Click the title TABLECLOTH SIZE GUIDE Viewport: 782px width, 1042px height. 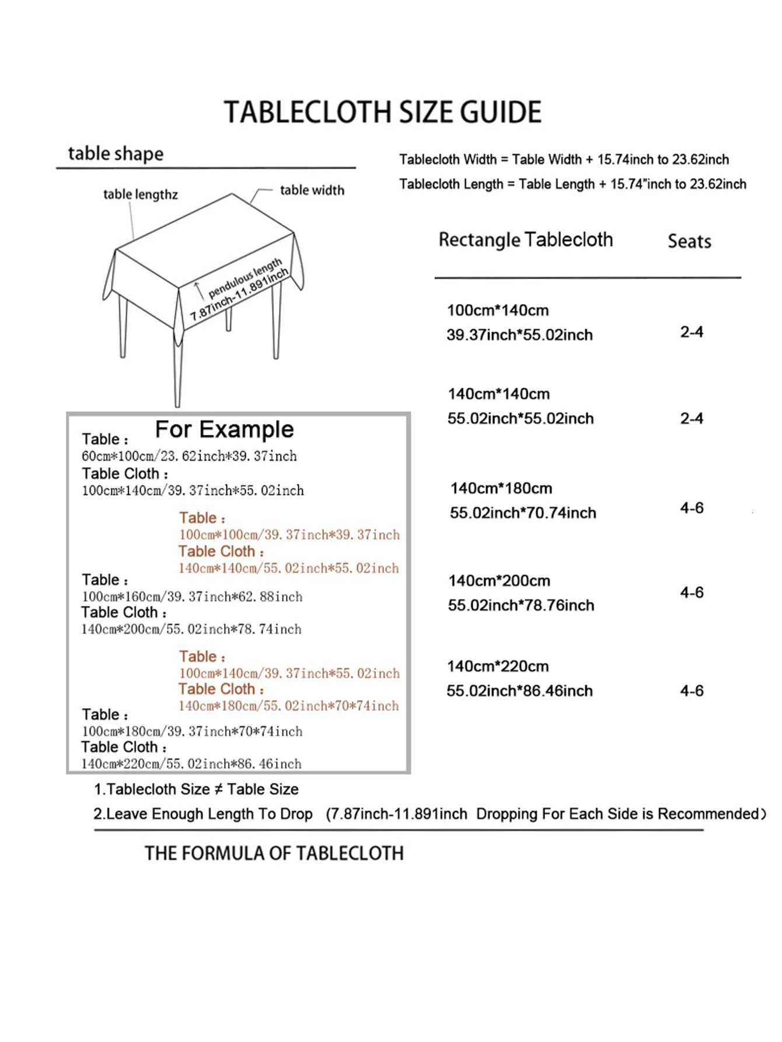383,112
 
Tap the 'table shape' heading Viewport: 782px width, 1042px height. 116,154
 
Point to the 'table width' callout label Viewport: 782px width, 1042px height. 312,190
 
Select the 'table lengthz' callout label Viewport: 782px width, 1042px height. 140,194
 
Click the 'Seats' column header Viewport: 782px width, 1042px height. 689,241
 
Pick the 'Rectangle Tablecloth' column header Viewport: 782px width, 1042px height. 525,240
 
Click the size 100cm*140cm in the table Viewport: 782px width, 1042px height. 498,310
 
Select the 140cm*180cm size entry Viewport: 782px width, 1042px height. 501,488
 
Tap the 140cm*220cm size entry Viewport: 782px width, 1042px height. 498,666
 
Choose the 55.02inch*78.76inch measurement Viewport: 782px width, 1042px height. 521,605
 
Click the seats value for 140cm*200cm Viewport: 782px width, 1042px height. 692,593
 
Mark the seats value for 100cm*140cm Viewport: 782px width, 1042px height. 692,332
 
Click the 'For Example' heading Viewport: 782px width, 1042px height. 224,430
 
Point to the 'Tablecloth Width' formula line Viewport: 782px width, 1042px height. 564,159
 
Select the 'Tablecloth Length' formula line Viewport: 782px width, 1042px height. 572,184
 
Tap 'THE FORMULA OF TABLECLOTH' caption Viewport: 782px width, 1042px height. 274,853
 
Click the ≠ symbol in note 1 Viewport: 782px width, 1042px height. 218,789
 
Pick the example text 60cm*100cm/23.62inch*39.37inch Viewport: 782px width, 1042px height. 189,456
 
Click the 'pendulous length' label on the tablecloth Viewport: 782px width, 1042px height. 245,277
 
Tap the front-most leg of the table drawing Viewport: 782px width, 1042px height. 177,374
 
